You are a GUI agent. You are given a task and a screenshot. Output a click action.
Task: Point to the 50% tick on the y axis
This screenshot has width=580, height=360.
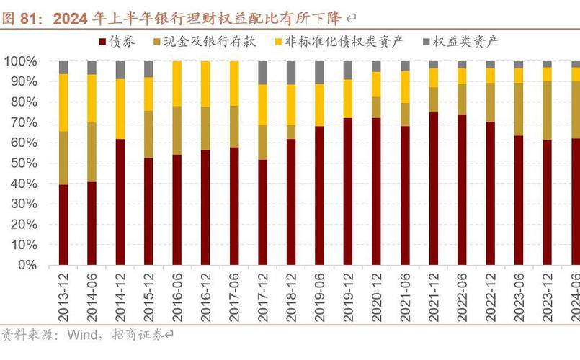[x=24, y=163]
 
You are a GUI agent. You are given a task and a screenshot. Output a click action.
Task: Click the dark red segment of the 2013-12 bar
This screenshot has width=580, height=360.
[x=63, y=225]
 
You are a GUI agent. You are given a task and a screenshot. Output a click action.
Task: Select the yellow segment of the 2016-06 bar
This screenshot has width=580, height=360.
[x=177, y=84]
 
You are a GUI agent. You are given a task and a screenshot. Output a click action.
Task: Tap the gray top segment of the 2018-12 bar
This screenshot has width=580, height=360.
[x=291, y=73]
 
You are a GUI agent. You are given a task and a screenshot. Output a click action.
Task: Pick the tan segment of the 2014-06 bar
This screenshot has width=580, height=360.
[x=92, y=152]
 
